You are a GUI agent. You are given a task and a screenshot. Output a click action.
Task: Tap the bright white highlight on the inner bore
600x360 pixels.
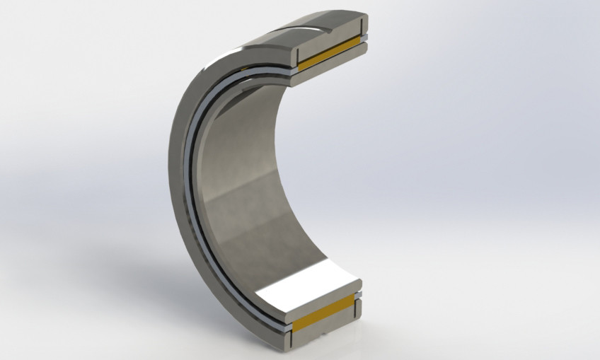(304, 284)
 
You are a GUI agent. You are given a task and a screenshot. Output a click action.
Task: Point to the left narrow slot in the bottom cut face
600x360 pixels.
(292, 325)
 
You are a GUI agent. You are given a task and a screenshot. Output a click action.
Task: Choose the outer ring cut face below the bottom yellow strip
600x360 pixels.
(325, 337)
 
